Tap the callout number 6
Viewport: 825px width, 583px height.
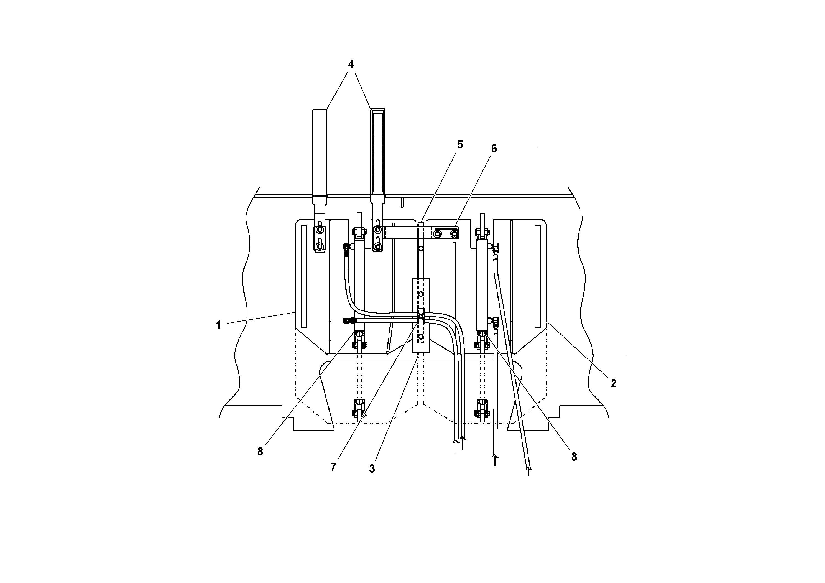pyautogui.click(x=494, y=149)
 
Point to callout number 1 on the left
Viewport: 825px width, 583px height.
pyautogui.click(x=218, y=325)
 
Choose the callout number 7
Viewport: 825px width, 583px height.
pyautogui.click(x=333, y=467)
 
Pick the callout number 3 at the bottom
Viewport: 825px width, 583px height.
pyautogui.click(x=372, y=469)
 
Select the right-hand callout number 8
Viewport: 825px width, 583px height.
pyautogui.click(x=574, y=457)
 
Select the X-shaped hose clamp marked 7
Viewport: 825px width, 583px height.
pyautogui.click(x=420, y=316)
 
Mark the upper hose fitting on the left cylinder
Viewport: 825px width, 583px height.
pyautogui.click(x=347, y=247)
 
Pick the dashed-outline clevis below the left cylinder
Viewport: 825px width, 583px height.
pyautogui.click(x=359, y=408)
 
